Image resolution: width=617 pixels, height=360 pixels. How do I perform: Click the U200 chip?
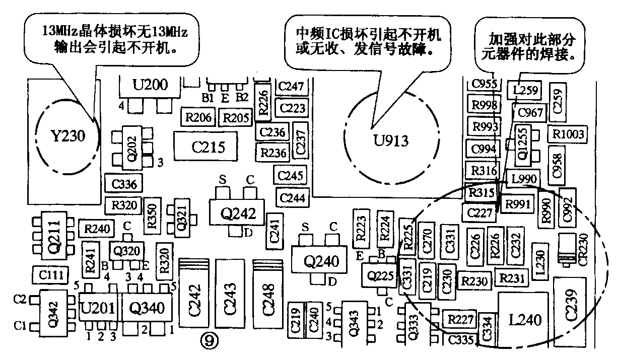pyautogui.click(x=150, y=86)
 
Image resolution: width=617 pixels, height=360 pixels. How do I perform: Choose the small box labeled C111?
pyautogui.click(x=49, y=274)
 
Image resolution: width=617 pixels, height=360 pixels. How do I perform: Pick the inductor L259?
pyautogui.click(x=525, y=91)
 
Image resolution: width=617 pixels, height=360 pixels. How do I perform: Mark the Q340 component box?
pyautogui.click(x=144, y=307)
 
